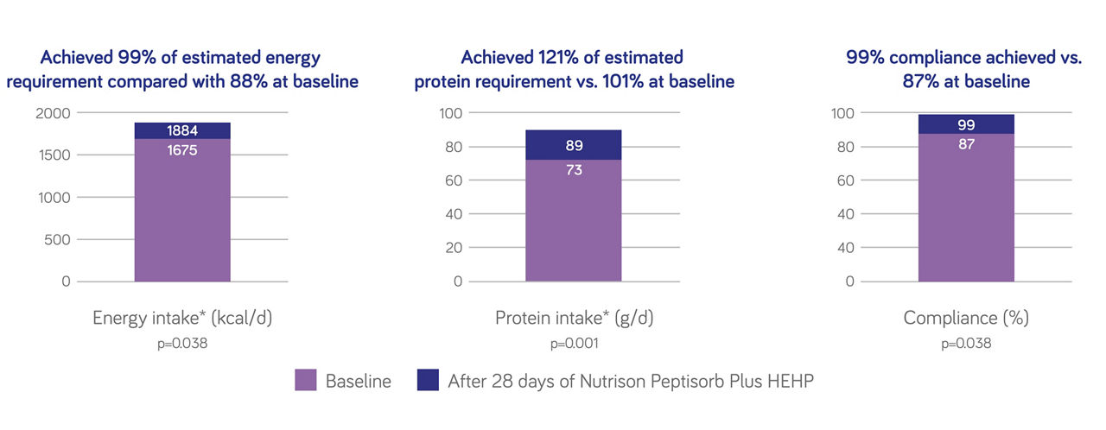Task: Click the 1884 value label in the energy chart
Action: pyautogui.click(x=182, y=130)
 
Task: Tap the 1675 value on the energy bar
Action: pyautogui.click(x=182, y=150)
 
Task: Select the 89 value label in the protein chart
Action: pyautogui.click(x=575, y=145)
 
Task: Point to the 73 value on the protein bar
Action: pyautogui.click(x=574, y=169)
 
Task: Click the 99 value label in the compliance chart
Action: pyautogui.click(x=966, y=124)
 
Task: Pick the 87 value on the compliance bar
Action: pyautogui.click(x=966, y=144)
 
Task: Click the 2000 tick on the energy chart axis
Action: pyautogui.click(x=53, y=113)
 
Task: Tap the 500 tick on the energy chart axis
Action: pyautogui.click(x=57, y=240)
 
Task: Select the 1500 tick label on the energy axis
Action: pyautogui.click(x=54, y=155)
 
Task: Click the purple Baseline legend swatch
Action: pyautogui.click(x=306, y=380)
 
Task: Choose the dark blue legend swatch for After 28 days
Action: pyautogui.click(x=428, y=380)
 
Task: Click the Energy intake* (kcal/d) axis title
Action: pyautogui.click(x=182, y=318)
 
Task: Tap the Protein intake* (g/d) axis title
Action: pyautogui.click(x=575, y=318)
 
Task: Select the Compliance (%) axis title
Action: pyautogui.click(x=966, y=318)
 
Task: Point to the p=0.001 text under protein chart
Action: pyautogui.click(x=575, y=343)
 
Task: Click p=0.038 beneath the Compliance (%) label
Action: pyautogui.click(x=966, y=343)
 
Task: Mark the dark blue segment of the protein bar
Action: pyautogui.click(x=574, y=145)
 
